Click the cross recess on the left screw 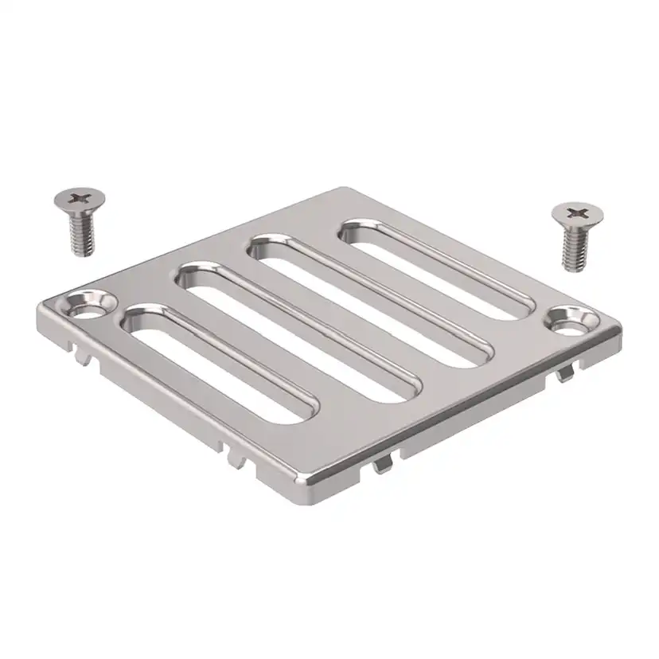(78, 197)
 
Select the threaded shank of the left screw (81, 233)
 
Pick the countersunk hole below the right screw (570, 322)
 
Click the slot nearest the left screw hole (219, 362)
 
